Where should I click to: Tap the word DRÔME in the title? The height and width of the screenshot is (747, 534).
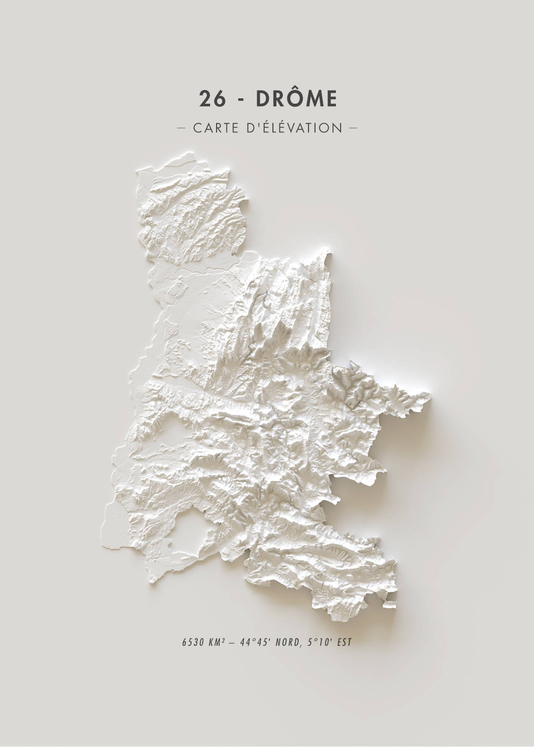pos(296,99)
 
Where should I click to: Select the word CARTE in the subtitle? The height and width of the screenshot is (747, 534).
pos(215,128)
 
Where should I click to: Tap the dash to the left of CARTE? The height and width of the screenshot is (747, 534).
pos(181,128)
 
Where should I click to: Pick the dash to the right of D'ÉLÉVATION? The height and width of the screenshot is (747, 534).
pos(353,128)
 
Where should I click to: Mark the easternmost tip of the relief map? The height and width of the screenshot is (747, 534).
pos(430,395)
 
